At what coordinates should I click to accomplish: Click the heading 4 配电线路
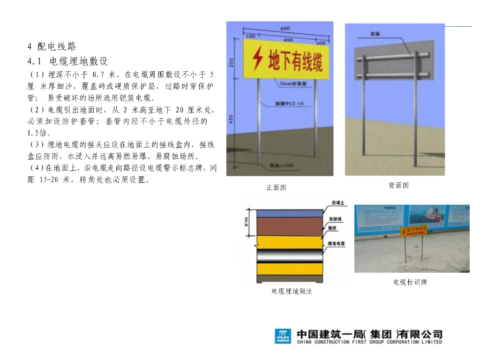52,46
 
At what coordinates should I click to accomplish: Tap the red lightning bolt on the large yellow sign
257,57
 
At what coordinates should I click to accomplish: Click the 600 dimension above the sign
285,29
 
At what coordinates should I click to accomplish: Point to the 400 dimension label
288,40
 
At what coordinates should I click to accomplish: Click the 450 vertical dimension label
231,120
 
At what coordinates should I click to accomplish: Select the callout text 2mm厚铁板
292,84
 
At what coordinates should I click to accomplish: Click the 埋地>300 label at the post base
282,165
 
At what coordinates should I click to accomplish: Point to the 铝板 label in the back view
375,34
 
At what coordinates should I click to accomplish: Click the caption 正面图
276,187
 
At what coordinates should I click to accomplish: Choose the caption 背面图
398,185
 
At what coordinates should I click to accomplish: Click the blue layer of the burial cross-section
289,212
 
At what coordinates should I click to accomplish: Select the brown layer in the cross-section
289,226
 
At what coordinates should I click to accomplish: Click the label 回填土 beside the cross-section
338,203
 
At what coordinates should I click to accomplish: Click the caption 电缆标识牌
410,282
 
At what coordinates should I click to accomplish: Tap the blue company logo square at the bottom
283,336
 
